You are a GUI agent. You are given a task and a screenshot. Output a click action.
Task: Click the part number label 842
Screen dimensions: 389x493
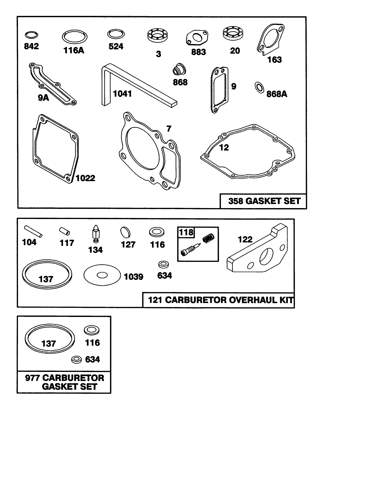click(x=31, y=46)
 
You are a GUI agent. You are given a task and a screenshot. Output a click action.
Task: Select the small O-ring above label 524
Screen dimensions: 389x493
click(x=116, y=34)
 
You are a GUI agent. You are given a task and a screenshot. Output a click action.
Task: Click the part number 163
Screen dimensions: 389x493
click(x=274, y=60)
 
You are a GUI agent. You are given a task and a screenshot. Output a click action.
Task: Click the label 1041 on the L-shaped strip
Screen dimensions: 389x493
click(x=122, y=94)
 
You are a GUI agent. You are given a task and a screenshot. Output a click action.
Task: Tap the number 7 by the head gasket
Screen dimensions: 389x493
click(x=169, y=128)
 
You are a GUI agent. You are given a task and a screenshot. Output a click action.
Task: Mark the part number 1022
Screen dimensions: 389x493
click(x=85, y=178)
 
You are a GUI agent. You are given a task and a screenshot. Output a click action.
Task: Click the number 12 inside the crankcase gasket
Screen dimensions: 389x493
click(x=224, y=148)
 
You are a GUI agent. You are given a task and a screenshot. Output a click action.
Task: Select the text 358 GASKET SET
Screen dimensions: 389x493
click(x=264, y=201)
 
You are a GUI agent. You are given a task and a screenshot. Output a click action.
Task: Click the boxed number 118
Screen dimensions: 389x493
click(x=186, y=232)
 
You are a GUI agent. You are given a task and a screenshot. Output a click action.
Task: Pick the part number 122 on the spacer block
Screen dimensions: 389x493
click(x=245, y=239)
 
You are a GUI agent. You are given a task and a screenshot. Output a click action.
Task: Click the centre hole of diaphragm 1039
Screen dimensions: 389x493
click(x=102, y=275)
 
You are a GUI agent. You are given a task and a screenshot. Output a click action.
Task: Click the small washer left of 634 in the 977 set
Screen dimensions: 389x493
click(x=77, y=360)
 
